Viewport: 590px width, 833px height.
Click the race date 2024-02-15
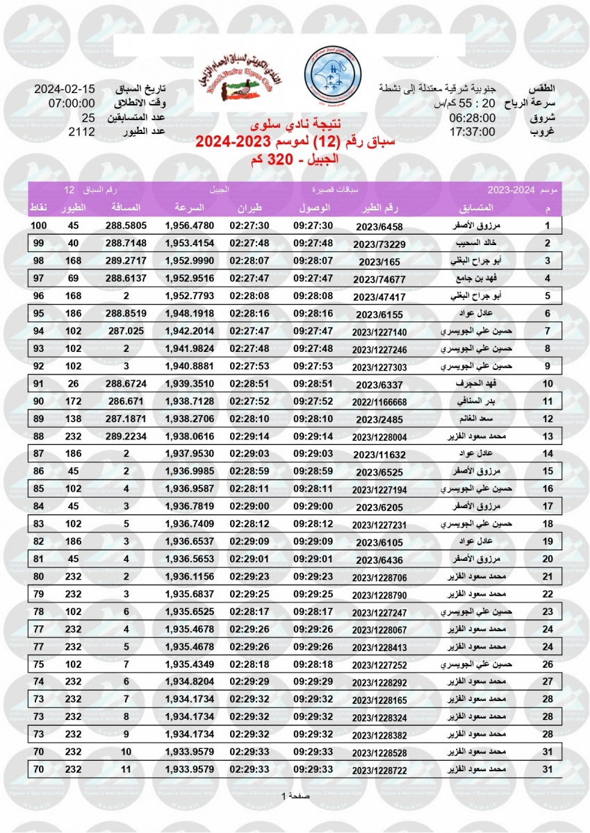pos(65,90)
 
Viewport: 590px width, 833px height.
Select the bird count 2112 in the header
pos(81,132)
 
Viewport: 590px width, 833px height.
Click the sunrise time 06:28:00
pos(472,118)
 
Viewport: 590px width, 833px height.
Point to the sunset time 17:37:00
pos(472,132)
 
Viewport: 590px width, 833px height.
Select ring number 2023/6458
pos(379,227)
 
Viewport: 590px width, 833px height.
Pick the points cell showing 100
pos(38,226)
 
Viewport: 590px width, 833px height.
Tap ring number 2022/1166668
pos(379,402)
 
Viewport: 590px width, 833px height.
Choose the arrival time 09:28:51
pos(313,383)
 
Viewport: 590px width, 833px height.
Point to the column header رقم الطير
pos(379,208)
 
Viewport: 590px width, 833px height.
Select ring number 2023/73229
pos(379,244)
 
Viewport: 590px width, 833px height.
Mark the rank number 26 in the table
pos(548,664)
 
